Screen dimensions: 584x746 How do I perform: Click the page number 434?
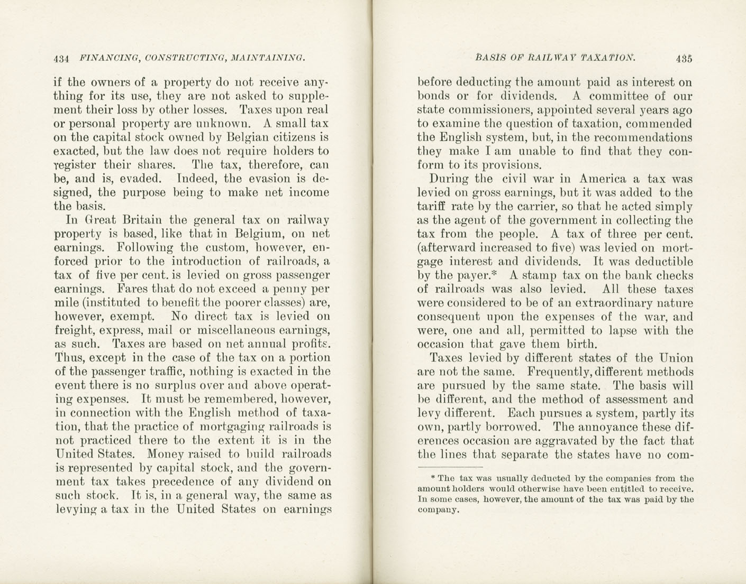[x=62, y=58]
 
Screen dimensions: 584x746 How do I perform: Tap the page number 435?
[x=684, y=58]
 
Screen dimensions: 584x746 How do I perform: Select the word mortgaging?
[x=233, y=427]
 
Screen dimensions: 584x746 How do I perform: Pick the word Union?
[x=676, y=358]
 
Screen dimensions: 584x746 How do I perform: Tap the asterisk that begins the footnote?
[x=432, y=477]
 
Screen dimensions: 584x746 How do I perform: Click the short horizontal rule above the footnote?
[x=450, y=467]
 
